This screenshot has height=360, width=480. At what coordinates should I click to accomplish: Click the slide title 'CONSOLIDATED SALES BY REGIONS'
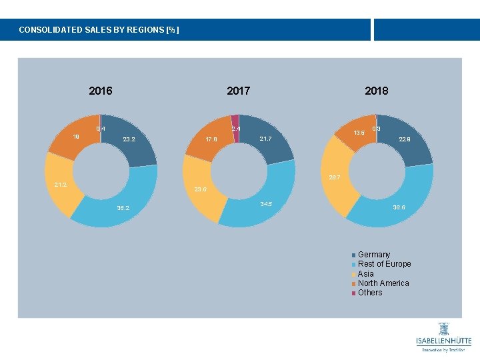tap(99, 30)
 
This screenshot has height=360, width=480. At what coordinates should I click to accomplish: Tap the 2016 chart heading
tap(101, 91)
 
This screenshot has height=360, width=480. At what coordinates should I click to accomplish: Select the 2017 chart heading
tap(238, 91)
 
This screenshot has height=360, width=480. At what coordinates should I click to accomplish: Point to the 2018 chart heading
tap(376, 91)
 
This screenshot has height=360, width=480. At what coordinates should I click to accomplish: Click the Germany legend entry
tap(373, 255)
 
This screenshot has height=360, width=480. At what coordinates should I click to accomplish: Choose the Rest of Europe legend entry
tap(383, 264)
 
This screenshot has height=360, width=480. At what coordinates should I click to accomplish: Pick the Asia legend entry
tap(365, 274)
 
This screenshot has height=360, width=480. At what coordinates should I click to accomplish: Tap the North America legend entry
tap(383, 283)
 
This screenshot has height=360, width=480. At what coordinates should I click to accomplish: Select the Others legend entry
tap(369, 293)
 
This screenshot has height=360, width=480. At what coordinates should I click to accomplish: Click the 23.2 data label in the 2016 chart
tap(129, 140)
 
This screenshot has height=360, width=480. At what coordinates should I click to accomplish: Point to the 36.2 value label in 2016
tap(123, 209)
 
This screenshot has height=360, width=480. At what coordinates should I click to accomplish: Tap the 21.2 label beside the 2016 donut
tap(61, 185)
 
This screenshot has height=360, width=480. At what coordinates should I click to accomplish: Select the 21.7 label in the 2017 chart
tap(265, 139)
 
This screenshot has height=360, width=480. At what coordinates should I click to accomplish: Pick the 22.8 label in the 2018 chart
tap(404, 140)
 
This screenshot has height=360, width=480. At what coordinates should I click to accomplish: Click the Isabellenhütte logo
tap(443, 337)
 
